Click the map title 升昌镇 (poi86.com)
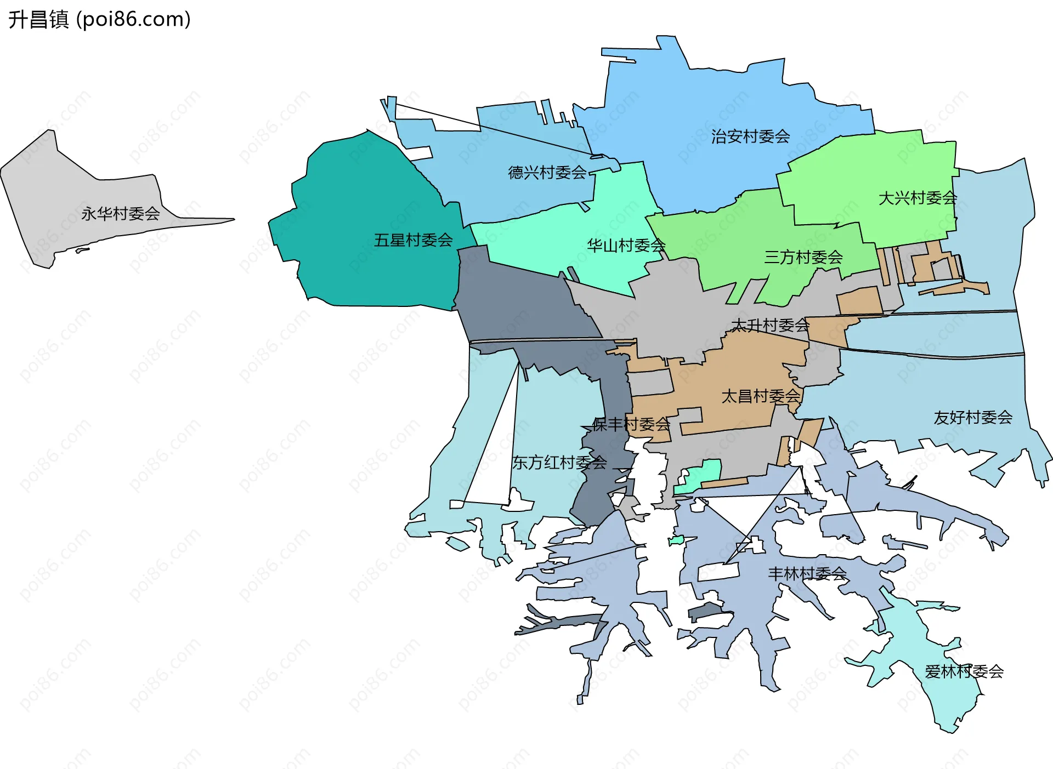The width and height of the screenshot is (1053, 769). click(99, 19)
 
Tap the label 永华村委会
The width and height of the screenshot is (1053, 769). click(120, 213)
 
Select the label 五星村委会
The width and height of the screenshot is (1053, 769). click(413, 240)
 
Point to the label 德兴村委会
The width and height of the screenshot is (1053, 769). click(547, 173)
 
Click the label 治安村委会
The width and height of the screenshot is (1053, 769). click(750, 136)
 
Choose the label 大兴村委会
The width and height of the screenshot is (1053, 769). click(918, 198)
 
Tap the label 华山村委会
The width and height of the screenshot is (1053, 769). click(626, 245)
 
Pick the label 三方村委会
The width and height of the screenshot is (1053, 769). click(803, 257)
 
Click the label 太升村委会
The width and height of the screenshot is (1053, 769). click(770, 326)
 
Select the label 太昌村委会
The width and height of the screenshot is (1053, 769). click(761, 396)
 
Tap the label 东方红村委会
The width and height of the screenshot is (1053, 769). click(559, 463)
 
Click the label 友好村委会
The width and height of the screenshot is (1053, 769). click(972, 418)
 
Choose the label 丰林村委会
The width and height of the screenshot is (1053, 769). click(807, 574)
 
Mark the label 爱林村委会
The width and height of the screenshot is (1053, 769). click(964, 671)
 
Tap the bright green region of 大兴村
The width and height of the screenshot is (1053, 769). click(877, 164)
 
